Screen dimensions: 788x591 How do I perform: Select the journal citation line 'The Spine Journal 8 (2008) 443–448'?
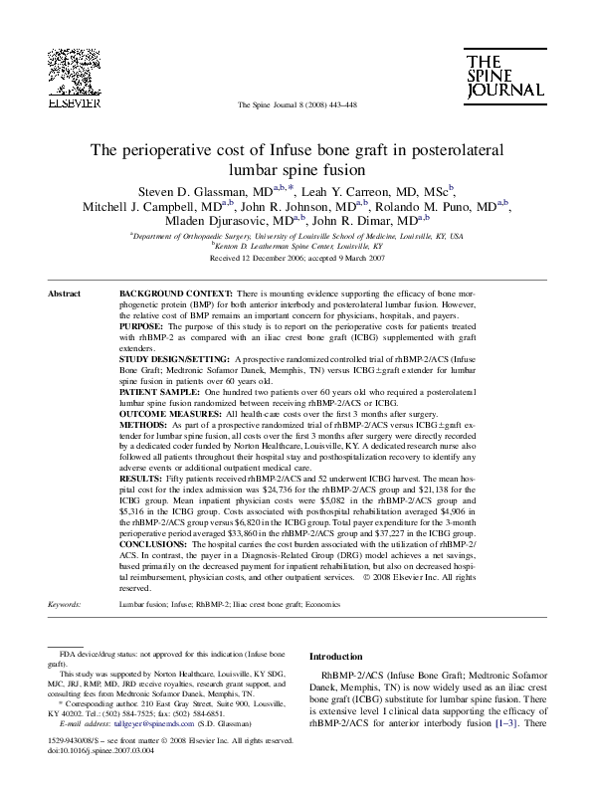coord(295,105)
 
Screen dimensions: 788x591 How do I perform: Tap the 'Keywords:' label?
coord(65,604)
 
